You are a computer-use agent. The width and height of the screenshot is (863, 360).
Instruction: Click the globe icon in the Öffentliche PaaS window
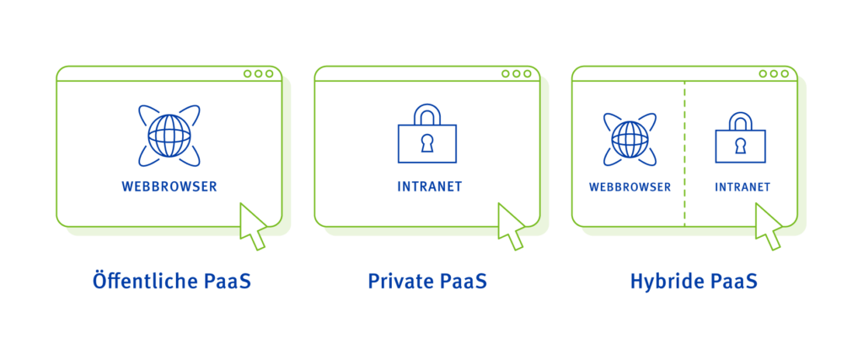point(169,135)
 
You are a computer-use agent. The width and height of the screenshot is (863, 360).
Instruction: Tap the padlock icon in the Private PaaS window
point(427,136)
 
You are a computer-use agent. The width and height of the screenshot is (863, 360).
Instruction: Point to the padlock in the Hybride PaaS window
point(740,139)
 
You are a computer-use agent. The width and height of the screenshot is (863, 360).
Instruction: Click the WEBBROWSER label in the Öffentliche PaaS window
point(169,185)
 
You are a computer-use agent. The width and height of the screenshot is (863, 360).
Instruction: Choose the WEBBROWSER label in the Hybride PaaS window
point(630,186)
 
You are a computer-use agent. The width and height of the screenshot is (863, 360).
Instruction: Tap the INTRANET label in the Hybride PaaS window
point(742,186)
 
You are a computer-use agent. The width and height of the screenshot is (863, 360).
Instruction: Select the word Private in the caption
point(399,281)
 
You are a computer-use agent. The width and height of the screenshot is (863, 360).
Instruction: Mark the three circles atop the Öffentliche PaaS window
point(258,73)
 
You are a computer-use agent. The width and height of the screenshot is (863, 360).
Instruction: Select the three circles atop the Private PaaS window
point(516,73)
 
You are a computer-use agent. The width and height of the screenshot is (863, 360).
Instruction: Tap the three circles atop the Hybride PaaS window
point(774,73)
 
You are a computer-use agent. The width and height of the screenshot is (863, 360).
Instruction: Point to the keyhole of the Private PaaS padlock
point(427,143)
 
